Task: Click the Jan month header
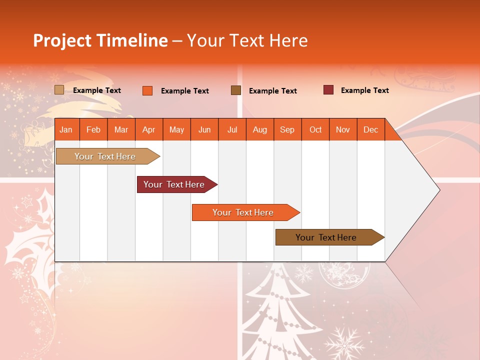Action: [x=66, y=129]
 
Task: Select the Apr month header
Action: [x=148, y=129]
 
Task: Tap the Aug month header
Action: [x=259, y=129]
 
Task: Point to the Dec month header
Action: [x=370, y=129]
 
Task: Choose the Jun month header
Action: [x=204, y=129]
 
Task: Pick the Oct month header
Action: [x=315, y=129]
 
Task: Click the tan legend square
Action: [x=59, y=90]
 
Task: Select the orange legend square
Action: [x=147, y=90]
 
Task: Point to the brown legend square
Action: [x=236, y=90]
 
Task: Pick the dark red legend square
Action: [x=328, y=90]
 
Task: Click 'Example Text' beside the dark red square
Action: [x=364, y=90]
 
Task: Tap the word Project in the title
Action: [x=62, y=40]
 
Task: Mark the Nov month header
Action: [x=342, y=129]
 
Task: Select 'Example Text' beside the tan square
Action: [x=96, y=90]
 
